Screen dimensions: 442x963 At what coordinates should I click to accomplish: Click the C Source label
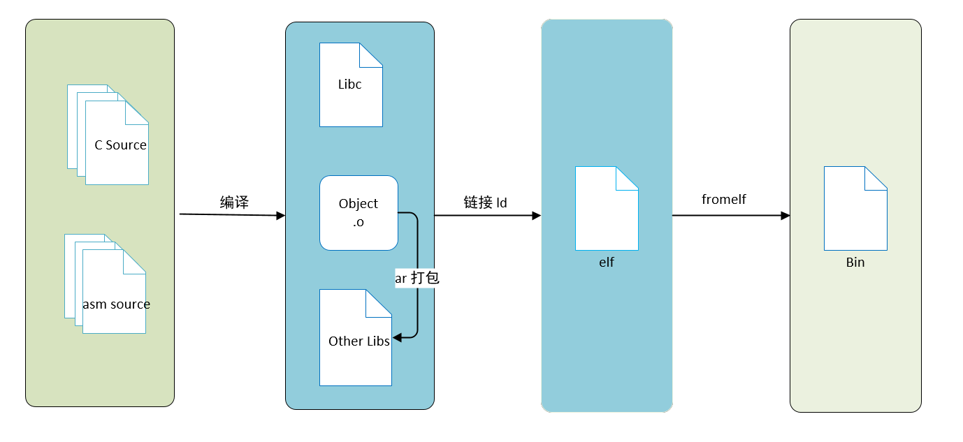(x=120, y=145)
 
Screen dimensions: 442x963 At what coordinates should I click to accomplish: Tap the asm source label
(x=116, y=304)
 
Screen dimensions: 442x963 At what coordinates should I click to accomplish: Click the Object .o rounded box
(x=359, y=213)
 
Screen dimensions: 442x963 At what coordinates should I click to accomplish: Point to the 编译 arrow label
(x=234, y=203)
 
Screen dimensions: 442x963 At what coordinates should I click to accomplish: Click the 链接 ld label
(x=485, y=203)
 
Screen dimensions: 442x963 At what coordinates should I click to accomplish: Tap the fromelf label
(x=724, y=200)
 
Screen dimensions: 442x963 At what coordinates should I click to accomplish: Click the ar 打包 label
(x=417, y=278)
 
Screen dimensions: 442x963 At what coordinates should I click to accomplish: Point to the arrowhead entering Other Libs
(x=397, y=338)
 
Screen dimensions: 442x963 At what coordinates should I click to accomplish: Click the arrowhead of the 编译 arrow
(x=281, y=216)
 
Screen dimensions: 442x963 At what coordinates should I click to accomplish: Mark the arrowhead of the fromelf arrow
(x=785, y=216)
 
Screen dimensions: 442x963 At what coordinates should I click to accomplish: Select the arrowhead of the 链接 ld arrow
(x=537, y=216)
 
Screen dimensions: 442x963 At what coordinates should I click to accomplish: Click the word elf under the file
(x=607, y=263)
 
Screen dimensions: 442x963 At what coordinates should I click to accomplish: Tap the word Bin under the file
(x=855, y=263)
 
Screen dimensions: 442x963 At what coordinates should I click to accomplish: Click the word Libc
(x=349, y=84)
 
